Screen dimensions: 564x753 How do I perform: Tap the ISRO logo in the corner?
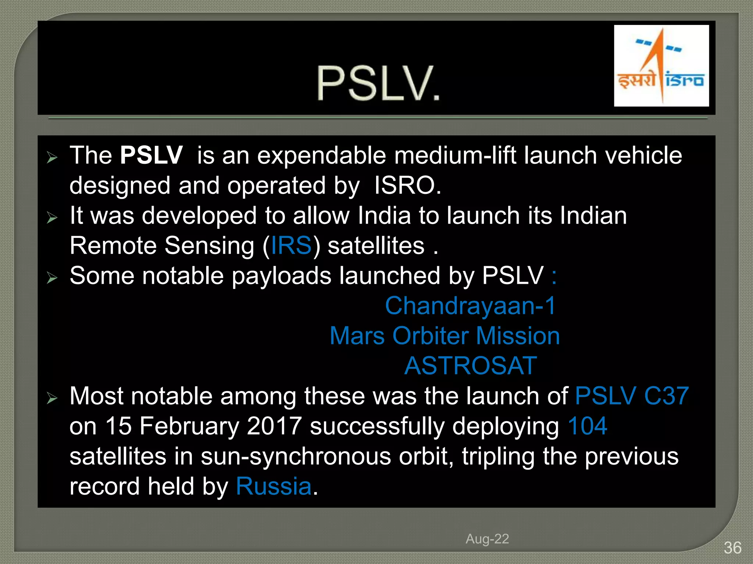(x=661, y=66)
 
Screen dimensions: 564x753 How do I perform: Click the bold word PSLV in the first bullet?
(x=151, y=155)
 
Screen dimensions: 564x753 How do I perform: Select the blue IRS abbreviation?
(x=291, y=246)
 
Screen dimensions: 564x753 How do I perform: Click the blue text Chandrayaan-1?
(x=470, y=306)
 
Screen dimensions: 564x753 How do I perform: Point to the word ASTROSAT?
(x=470, y=366)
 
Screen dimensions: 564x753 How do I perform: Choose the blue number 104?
(x=587, y=426)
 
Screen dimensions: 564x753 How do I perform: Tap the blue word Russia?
(x=274, y=487)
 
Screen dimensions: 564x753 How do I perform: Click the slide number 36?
(x=732, y=548)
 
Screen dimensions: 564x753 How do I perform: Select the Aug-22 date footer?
(x=487, y=539)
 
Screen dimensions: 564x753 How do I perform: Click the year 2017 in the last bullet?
(x=274, y=426)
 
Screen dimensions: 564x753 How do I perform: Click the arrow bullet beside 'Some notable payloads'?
(x=52, y=278)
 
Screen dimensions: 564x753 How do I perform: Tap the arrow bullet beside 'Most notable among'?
(x=52, y=398)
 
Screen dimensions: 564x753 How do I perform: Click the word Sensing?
(x=209, y=246)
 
